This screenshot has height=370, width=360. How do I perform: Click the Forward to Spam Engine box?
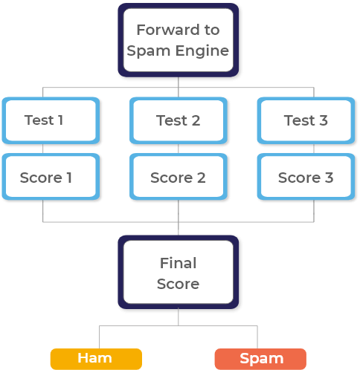pyautogui.click(x=179, y=40)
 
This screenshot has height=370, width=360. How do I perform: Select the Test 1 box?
pyautogui.click(x=51, y=120)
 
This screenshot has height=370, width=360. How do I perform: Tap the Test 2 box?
pyautogui.click(x=179, y=120)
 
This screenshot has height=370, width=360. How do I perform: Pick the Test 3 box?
pyautogui.click(x=306, y=120)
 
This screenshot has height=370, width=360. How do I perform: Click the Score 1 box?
pyautogui.click(x=51, y=177)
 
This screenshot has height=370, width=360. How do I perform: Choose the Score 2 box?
pyautogui.click(x=179, y=177)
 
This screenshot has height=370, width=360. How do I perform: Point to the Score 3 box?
pyautogui.click(x=306, y=177)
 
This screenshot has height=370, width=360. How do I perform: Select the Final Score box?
pyautogui.click(x=179, y=272)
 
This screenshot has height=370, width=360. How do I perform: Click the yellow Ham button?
pyautogui.click(x=96, y=359)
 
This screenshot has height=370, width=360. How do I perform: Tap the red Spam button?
pyautogui.click(x=260, y=359)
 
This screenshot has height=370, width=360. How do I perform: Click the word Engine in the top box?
pyautogui.click(x=202, y=52)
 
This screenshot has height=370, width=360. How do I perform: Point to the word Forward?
pyautogui.click(x=168, y=30)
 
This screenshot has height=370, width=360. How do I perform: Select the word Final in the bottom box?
pyautogui.click(x=179, y=263)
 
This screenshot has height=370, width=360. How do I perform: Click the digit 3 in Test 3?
pyautogui.click(x=324, y=120)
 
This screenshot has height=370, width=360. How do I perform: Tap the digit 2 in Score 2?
pyautogui.click(x=202, y=178)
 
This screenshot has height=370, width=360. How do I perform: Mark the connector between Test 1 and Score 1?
pyautogui.click(x=43, y=149)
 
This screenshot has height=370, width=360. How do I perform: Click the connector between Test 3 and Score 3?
pyautogui.click(x=314, y=149)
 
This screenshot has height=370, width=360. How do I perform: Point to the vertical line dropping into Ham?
pyautogui.click(x=100, y=337)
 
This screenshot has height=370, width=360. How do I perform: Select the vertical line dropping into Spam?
pyautogui.click(x=257, y=337)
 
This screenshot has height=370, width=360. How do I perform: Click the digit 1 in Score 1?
pyautogui.click(x=69, y=178)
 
